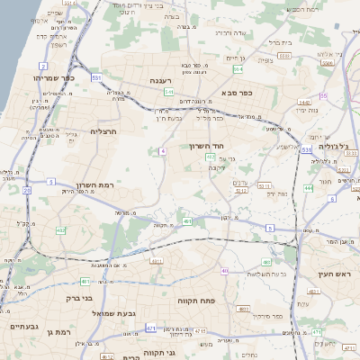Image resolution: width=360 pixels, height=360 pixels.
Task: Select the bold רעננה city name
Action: point(167,80)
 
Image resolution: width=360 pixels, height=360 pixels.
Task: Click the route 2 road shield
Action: point(43,67)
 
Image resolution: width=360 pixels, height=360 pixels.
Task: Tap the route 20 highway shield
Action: point(27,191)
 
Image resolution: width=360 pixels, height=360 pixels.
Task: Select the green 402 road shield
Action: point(60,231)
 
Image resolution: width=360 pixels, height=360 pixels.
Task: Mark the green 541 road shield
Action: point(168,92)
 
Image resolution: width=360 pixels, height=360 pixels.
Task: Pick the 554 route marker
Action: point(238,68)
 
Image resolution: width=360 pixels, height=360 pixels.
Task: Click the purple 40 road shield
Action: point(225,271)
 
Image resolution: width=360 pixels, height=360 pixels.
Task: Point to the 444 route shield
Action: point(308,188)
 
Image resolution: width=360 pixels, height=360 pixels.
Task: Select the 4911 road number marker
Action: point(157,262)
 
